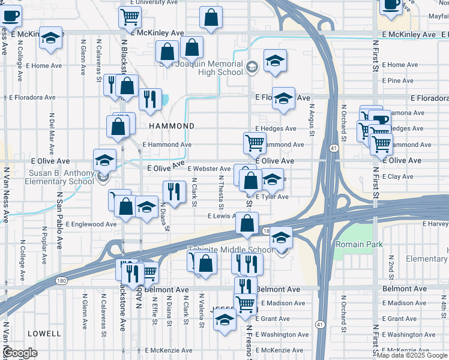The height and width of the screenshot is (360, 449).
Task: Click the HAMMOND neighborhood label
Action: point(172,126)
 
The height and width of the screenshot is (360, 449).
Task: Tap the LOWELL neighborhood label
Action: point(44,333)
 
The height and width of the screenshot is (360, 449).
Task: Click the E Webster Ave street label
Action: point(209,169)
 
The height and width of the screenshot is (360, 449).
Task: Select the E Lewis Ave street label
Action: point(221,216)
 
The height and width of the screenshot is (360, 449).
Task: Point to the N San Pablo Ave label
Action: point(59,221)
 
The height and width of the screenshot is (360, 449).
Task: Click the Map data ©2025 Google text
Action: point(411,355)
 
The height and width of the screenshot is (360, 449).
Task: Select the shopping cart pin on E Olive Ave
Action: point(255,144)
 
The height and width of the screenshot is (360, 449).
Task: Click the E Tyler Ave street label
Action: point(272,197)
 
